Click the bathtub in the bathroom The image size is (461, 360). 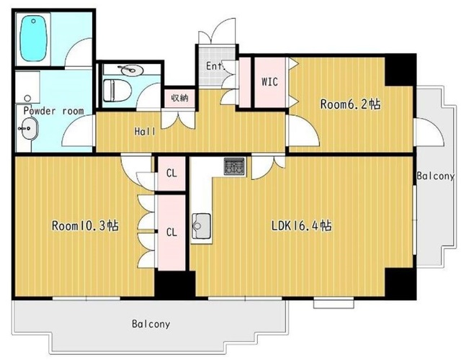[33, 38]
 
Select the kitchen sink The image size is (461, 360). [202, 226]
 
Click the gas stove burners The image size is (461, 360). [234, 166]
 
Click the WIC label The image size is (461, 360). [269, 81]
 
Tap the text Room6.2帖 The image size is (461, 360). [350, 104]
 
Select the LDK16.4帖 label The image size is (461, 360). [302, 225]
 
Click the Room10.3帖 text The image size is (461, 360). [85, 225]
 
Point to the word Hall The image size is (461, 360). [145, 131]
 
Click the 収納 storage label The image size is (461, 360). [179, 98]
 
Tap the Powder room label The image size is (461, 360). [53, 111]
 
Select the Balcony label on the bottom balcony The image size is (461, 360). [151, 324]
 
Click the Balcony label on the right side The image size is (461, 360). [435, 176]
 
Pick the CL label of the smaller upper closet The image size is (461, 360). [171, 173]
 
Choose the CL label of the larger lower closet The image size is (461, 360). [171, 232]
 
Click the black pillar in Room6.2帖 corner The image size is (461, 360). [400, 71]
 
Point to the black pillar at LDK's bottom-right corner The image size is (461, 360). [400, 284]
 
